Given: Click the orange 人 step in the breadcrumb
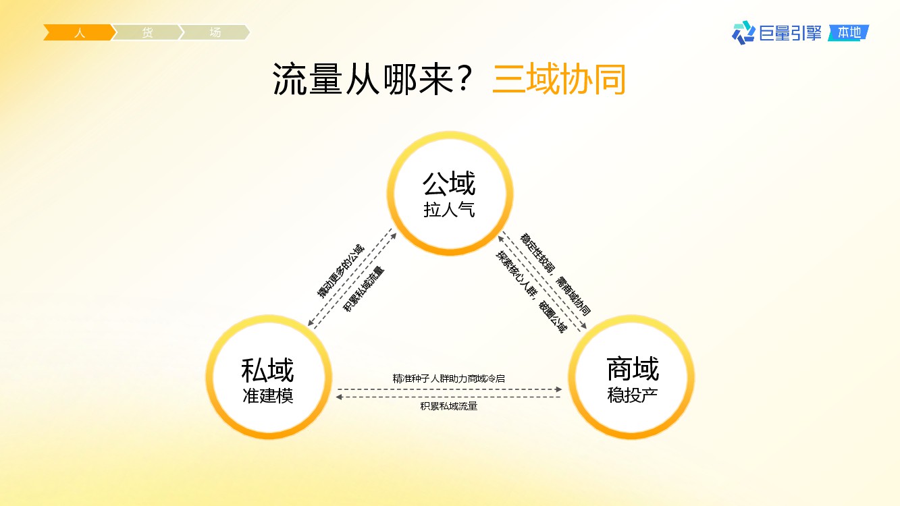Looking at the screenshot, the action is coord(80,32).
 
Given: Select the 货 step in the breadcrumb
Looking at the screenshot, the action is coord(147,32).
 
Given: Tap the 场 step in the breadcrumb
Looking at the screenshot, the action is coord(215,32).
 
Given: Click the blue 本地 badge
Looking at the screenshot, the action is coord(849,32).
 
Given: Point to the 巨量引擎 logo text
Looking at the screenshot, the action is coord(791,33).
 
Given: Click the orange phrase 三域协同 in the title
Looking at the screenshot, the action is coord(559,79).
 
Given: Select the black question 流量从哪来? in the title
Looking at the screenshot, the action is coord(371,79).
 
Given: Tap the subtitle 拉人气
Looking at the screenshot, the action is coord(449,210).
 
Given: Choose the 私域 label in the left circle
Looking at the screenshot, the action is coord(267,370).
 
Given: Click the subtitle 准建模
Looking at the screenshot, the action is coord(267,396).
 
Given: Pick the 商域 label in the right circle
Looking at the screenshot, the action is coord(633,368).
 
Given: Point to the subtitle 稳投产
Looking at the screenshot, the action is coord(633,395).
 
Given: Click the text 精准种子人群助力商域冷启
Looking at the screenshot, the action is coord(449,378).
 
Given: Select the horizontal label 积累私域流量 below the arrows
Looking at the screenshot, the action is coord(449,406).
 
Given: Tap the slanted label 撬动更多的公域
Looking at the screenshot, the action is coord(341,271).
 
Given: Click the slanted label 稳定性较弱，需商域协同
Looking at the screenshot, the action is coord(555,275).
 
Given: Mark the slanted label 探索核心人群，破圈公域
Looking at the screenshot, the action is coord(531,291).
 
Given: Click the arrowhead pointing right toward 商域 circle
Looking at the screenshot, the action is coord(558,389).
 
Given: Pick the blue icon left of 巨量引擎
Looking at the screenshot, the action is coord(743,32).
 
